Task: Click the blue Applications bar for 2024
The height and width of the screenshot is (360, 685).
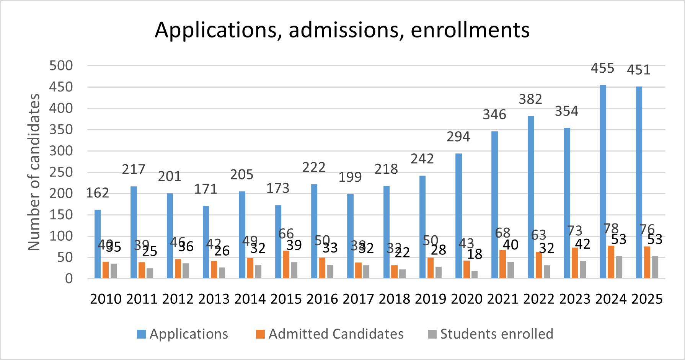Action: (x=603, y=182)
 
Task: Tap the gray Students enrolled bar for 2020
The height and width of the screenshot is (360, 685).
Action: (x=475, y=275)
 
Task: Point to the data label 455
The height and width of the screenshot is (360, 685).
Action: (x=602, y=68)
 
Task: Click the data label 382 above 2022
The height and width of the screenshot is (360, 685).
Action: (x=530, y=99)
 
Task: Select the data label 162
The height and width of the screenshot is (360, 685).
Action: (x=97, y=193)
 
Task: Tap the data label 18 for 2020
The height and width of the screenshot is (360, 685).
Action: (x=475, y=254)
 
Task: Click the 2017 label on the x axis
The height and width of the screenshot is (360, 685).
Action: (x=358, y=299)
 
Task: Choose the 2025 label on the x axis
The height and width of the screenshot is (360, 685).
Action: (x=647, y=299)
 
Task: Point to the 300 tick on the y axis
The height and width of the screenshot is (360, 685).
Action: (x=61, y=151)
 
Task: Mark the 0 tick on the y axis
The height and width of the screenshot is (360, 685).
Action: (x=68, y=279)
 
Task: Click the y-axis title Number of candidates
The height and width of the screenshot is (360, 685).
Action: (x=34, y=172)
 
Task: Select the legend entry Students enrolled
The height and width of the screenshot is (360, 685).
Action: (x=496, y=334)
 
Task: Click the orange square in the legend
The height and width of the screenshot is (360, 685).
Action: (x=260, y=334)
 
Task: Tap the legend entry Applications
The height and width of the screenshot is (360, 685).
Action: (x=189, y=334)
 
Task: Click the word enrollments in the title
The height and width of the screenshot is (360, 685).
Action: (x=470, y=30)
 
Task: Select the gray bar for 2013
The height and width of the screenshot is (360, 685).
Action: (x=222, y=273)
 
